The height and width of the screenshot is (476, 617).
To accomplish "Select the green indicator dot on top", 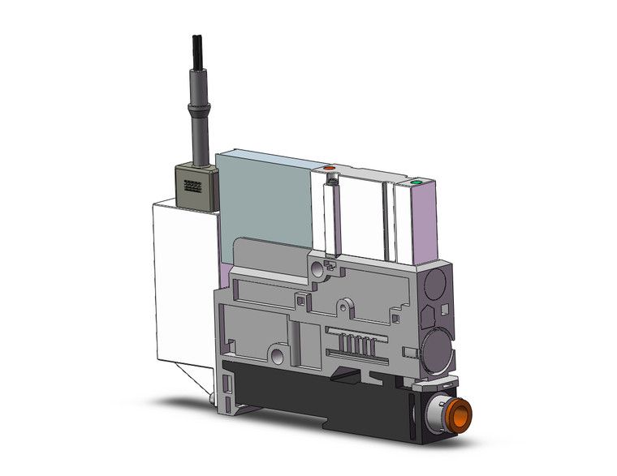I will [416, 183].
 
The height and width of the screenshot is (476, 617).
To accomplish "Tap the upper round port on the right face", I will [435, 285].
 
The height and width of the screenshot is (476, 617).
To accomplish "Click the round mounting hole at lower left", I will [278, 355].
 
